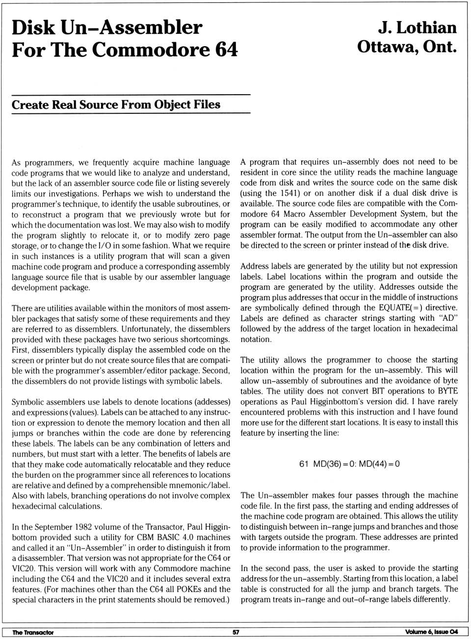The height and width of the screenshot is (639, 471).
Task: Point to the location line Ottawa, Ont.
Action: tap(407, 47)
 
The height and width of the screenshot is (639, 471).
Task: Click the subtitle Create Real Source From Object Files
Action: tap(116, 104)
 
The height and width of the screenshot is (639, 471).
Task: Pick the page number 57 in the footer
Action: tap(235, 632)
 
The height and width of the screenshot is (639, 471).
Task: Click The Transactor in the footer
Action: tap(33, 632)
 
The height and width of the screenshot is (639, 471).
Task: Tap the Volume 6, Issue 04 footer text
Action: tap(431, 632)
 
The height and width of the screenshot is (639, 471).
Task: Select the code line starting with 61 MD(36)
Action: tap(349, 463)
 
